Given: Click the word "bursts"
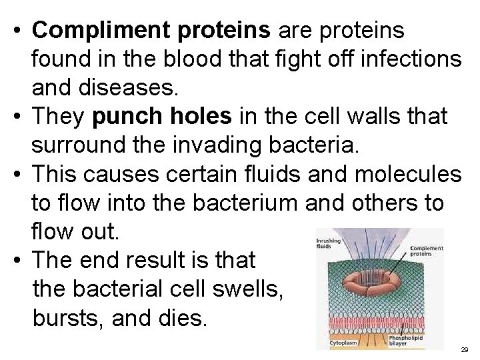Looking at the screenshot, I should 63,317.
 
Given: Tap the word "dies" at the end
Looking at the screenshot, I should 185,317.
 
